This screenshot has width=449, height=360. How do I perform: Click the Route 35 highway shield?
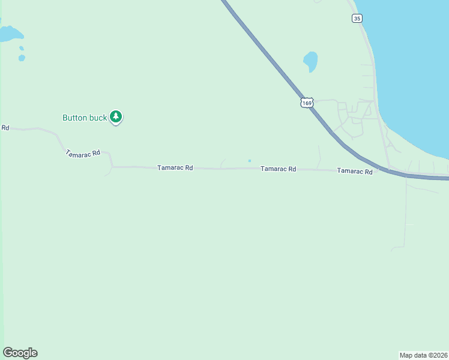click(x=357, y=19)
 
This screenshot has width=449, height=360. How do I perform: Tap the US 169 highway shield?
click(x=307, y=103)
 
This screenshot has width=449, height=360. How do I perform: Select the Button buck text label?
click(x=85, y=118)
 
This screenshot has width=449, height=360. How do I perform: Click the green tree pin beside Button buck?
click(x=116, y=117)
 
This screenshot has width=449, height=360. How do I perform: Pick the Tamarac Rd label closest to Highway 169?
click(x=355, y=171)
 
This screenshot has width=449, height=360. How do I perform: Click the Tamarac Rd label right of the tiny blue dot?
click(x=278, y=169)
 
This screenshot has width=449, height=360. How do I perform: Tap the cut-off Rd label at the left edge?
click(x=5, y=127)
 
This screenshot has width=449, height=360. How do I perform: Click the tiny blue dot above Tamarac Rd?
click(x=250, y=160)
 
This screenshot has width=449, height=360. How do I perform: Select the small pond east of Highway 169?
click(x=310, y=60)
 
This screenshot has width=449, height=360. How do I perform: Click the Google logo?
click(x=20, y=353)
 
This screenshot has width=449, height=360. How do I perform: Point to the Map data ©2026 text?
click(x=423, y=355)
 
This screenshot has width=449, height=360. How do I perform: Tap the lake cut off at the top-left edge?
click(x=9, y=34)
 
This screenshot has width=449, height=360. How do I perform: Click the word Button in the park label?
click(x=75, y=118)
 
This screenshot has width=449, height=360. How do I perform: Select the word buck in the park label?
click(x=98, y=118)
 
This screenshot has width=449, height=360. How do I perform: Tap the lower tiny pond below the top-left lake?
click(x=22, y=58)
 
